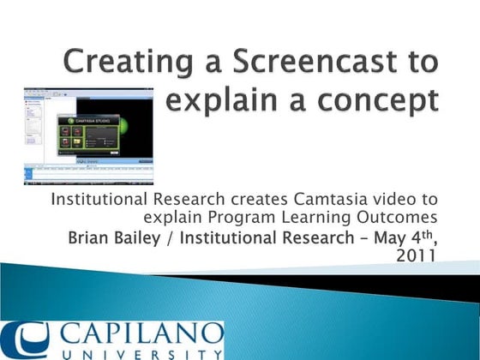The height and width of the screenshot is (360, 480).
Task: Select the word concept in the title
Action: pos(382,100)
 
